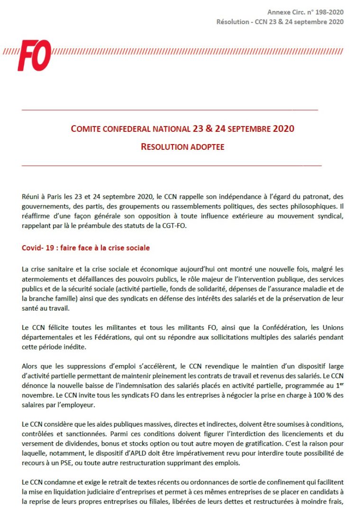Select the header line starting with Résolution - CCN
280,22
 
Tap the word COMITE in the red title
86,129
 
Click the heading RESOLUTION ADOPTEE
182,147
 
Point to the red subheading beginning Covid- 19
86,248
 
